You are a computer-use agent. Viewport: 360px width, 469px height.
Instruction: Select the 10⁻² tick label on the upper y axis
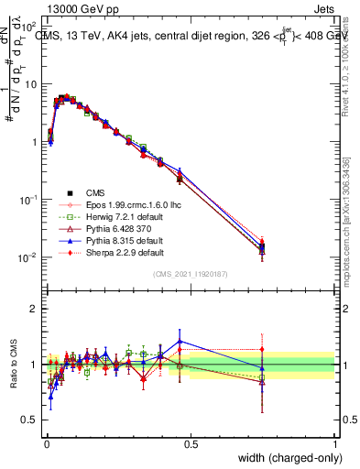(28, 257)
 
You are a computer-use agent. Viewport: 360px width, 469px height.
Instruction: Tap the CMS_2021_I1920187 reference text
(191, 274)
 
